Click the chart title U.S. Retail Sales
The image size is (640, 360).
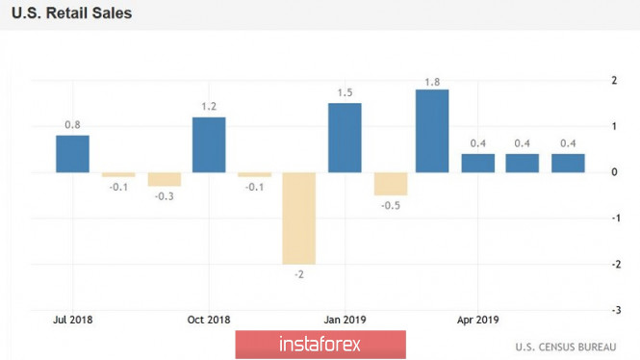[71, 13]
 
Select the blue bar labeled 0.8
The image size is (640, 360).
[72, 154]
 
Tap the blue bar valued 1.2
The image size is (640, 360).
[209, 145]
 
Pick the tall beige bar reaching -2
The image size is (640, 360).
[299, 219]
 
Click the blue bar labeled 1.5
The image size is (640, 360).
[345, 138]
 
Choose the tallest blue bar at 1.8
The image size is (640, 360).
[432, 131]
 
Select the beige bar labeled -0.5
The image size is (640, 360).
[391, 184]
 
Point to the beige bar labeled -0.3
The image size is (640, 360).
[165, 180]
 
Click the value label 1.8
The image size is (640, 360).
[432, 83]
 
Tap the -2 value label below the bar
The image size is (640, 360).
[299, 274]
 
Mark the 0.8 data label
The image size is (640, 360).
[72, 125]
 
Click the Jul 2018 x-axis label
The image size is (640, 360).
[72, 320]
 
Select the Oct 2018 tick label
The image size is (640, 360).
[209, 320]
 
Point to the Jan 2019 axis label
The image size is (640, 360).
[345, 320]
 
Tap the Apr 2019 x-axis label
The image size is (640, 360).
[478, 320]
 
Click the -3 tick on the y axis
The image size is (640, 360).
[616, 310]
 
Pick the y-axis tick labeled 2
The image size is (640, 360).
[614, 81]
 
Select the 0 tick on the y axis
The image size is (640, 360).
[614, 172]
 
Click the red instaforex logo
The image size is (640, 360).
[320, 345]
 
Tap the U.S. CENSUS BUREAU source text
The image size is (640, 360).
[566, 347]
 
